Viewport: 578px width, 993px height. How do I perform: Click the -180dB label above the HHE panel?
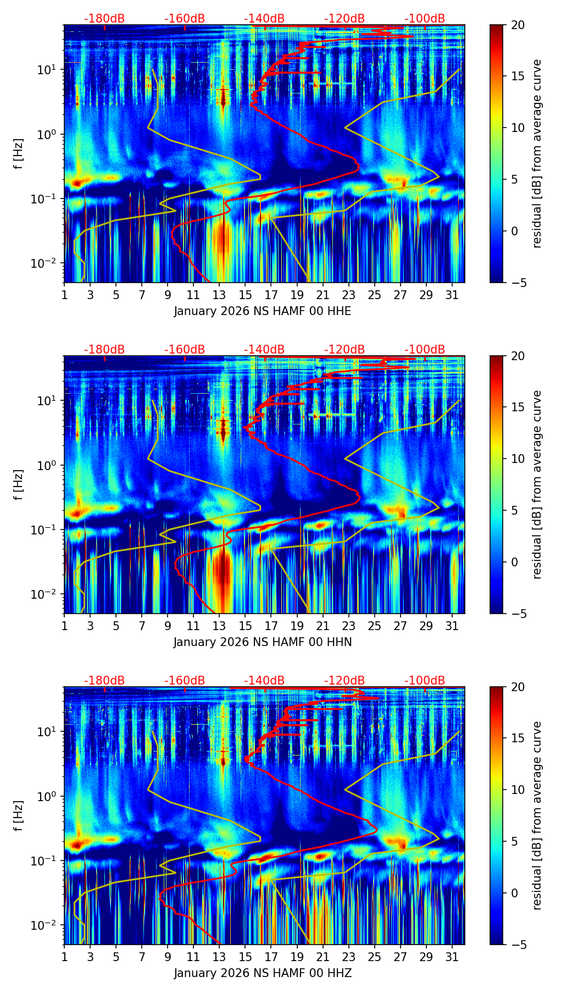point(104,19)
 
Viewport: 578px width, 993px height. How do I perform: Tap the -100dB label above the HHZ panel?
point(425,681)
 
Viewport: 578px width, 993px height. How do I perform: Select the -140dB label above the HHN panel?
point(264,350)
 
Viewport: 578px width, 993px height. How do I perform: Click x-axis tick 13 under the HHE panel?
point(219,295)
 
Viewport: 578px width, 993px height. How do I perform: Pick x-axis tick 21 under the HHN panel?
point(323,626)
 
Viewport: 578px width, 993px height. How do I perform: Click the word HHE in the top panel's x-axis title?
point(339,311)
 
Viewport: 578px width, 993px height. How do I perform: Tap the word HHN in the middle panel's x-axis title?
point(340,642)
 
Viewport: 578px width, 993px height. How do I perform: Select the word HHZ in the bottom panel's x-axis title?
point(340,973)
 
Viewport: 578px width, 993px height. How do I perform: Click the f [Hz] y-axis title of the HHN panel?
point(19,484)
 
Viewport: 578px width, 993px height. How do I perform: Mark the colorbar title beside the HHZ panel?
point(537,815)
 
